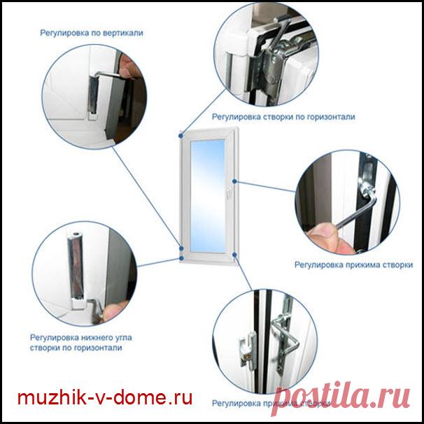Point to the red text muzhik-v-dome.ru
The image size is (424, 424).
[x=104, y=399]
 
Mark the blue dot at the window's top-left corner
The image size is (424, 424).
[x=182, y=131]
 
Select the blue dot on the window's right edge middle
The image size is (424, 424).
[x=236, y=183]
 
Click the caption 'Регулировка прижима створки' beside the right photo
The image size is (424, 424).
[x=353, y=265]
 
